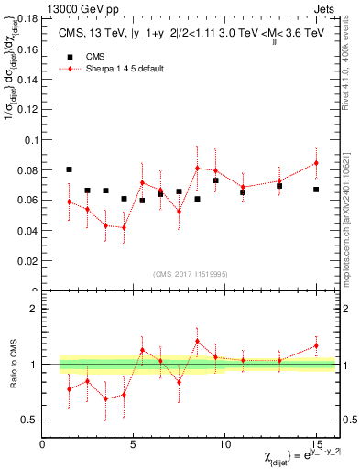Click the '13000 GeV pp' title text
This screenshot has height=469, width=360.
click(x=83, y=7)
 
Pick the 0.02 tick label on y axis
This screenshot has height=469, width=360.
click(x=27, y=261)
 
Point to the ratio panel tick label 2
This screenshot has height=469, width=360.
click(x=34, y=309)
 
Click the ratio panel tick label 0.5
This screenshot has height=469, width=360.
click(x=28, y=420)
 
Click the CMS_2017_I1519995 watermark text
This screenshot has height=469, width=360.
click(x=191, y=274)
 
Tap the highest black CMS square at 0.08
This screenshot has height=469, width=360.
click(x=70, y=169)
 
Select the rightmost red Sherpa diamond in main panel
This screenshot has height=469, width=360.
click(x=316, y=163)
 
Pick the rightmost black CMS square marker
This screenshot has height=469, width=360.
click(x=316, y=190)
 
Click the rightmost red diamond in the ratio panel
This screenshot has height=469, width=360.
click(x=316, y=345)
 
